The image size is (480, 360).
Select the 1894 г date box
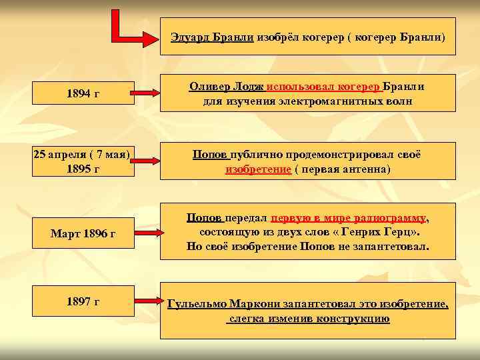coord(83,93)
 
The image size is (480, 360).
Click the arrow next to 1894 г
coord(145,93)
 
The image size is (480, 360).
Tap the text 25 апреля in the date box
coord(61,155)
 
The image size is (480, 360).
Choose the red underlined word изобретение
coord(258,169)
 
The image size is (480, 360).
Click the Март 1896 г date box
coord(83,233)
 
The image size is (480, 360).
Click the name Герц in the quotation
coord(401,232)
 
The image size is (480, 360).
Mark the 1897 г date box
coord(83,302)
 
